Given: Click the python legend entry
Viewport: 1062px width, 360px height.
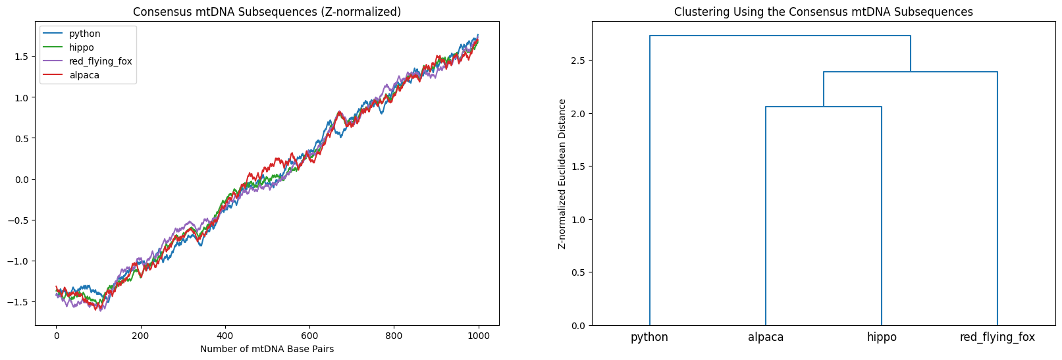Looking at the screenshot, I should point(84,34).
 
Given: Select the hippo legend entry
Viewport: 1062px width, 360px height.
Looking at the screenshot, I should point(81,47).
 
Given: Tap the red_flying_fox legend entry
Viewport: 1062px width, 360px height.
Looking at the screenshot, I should point(100,61).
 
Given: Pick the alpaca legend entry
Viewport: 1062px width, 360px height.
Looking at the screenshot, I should point(84,75).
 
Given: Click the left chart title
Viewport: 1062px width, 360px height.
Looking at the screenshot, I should point(267,12).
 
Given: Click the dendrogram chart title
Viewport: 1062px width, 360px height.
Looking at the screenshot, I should point(823,12).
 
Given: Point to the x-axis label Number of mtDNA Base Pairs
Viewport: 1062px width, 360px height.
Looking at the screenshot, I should point(267,349).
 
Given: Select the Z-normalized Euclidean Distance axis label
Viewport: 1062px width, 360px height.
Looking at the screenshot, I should point(562,174).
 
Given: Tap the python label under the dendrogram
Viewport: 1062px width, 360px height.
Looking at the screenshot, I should point(649,337).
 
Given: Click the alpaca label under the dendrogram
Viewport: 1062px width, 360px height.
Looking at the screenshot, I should point(766,337).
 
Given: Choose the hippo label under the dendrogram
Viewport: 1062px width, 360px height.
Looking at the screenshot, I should point(882,337).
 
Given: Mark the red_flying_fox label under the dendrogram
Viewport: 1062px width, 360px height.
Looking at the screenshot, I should point(997,337).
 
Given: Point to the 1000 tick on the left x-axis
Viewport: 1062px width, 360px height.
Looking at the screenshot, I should point(479,335).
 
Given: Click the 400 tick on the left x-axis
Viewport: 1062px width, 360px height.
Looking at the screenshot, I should point(225,335).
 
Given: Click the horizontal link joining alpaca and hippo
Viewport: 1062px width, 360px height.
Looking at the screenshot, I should point(824,107).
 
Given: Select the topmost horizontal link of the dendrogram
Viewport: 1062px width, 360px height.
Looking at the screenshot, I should point(780,36).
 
